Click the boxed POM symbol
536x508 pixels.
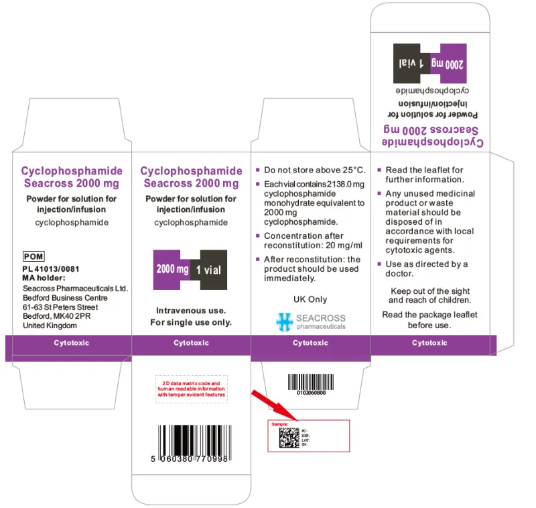point(33,256)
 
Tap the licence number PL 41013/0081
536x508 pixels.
point(50,269)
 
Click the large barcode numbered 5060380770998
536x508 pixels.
point(192,442)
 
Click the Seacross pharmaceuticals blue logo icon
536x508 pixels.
point(285,321)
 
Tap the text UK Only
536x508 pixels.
point(310,299)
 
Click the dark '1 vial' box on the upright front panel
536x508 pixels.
point(208,270)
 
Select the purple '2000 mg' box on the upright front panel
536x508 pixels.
point(172,269)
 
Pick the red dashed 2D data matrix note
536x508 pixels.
point(192,389)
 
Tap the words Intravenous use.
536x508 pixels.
point(191,311)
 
